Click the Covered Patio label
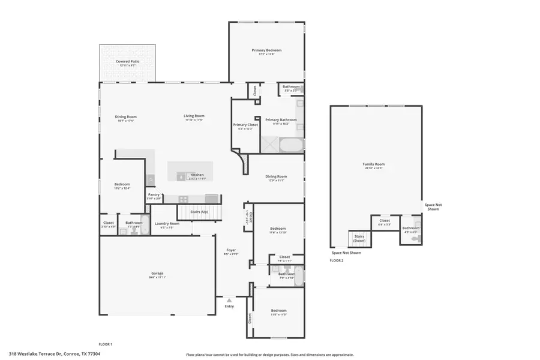point(127,61)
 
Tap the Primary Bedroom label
point(266,50)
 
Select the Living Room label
point(194,116)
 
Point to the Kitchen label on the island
point(197,175)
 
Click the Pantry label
point(154,194)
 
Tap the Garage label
point(157,273)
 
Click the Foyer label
point(231,250)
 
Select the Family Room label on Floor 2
point(373,164)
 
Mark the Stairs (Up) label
point(199,212)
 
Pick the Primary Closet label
point(245,125)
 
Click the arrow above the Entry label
point(229,298)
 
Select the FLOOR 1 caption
point(106,344)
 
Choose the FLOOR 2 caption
point(337,260)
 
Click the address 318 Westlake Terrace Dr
point(55,354)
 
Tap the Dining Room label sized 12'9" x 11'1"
point(276,176)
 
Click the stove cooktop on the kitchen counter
point(183,199)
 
